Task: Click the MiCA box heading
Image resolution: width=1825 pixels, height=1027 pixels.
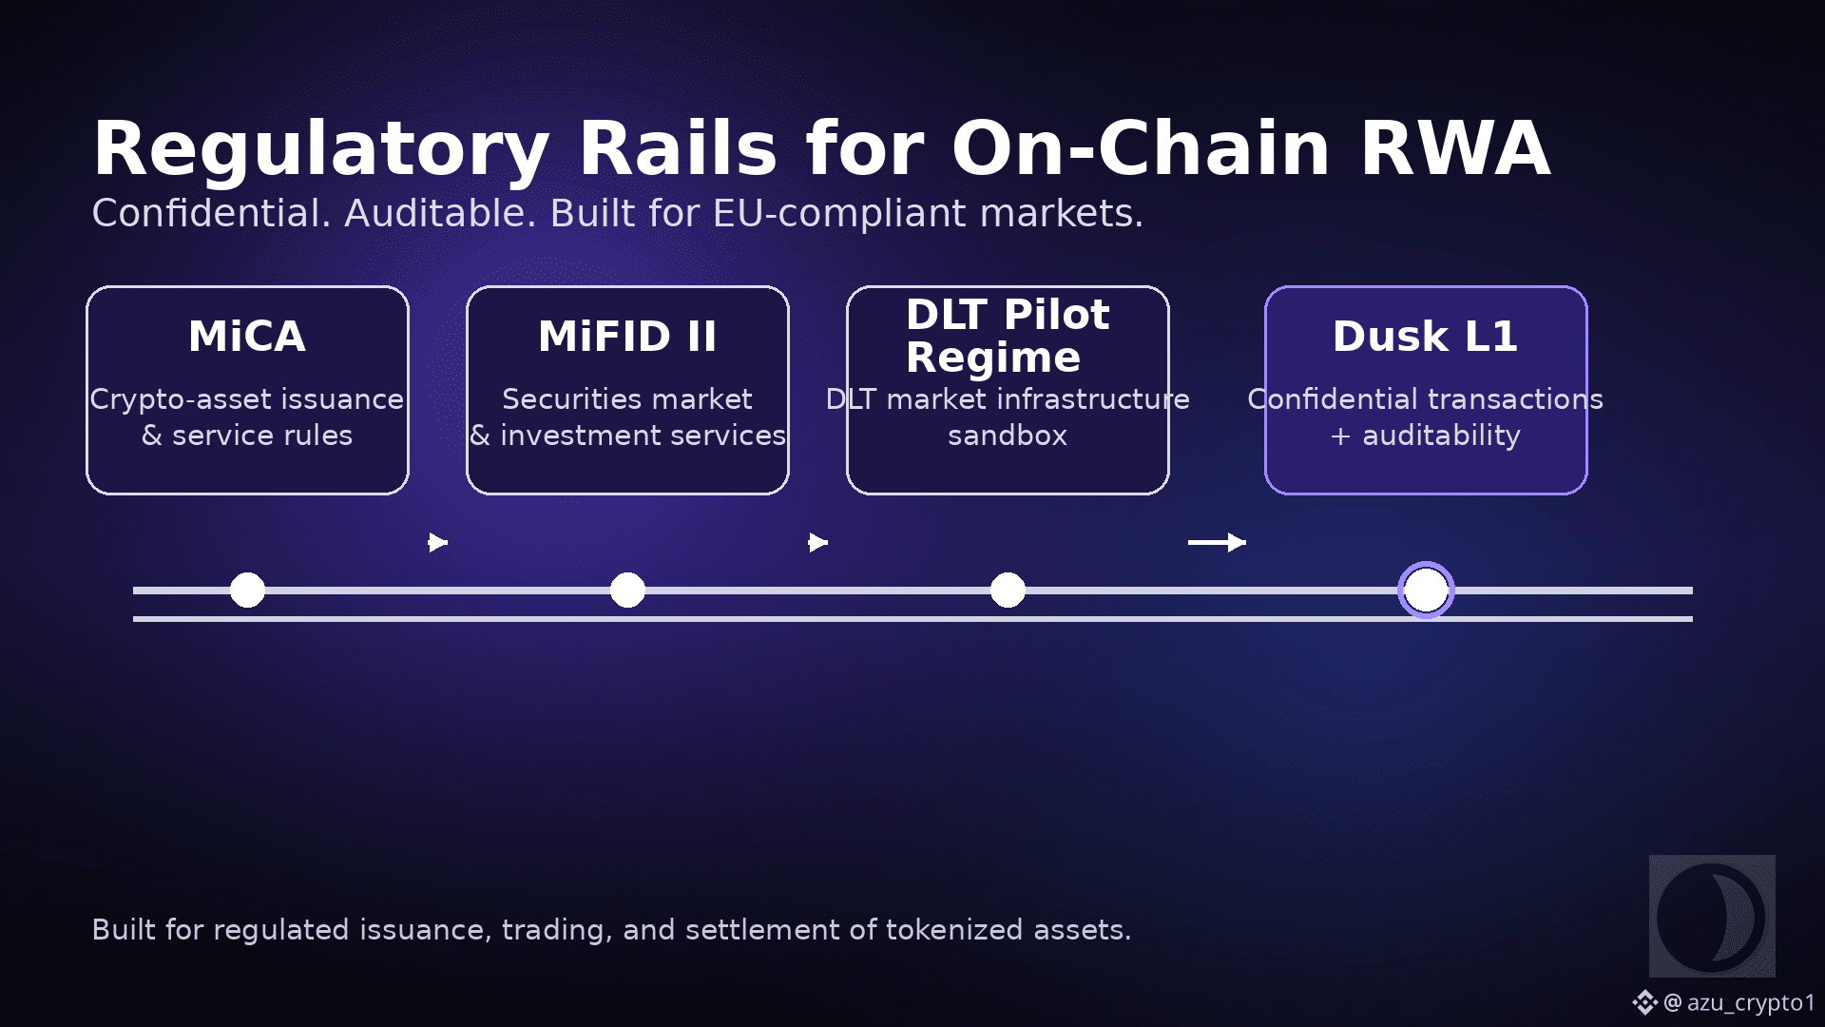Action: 247,337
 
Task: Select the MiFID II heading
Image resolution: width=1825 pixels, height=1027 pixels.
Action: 627,337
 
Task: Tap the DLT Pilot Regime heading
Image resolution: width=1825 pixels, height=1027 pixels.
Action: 1008,336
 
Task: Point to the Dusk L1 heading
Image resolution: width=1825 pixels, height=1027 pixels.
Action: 1425,337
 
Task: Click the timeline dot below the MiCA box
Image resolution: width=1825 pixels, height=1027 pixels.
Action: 247,590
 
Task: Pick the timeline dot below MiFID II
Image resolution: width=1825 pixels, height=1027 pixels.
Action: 627,590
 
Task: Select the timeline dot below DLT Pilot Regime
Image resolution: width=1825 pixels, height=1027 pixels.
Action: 1008,590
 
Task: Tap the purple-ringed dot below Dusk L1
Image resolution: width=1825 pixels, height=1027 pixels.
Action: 1426,590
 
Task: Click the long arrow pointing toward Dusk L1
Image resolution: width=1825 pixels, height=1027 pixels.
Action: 1217,542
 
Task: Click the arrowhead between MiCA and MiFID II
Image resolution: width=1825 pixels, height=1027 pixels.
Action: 438,542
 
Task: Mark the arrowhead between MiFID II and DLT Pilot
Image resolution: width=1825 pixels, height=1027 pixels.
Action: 818,542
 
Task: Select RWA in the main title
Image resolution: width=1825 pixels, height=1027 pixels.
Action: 1455,148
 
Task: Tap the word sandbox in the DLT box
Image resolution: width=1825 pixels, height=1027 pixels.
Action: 1008,436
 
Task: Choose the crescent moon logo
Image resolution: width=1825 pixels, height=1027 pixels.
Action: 1712,917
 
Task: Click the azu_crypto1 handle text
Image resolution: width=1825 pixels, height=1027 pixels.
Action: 1751,1003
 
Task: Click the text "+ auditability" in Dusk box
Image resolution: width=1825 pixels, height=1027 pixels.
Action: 1425,436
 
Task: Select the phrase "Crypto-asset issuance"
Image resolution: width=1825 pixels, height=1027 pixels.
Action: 247,399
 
